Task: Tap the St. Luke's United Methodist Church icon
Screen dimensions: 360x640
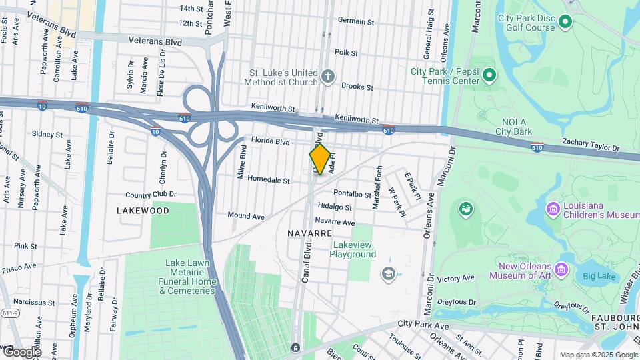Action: coord(327,76)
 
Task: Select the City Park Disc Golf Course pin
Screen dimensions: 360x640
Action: coord(565,23)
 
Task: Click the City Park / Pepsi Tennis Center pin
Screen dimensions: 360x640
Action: coord(489,75)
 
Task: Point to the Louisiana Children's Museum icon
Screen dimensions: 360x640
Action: coord(552,211)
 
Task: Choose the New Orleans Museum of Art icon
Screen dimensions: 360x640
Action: coord(562,271)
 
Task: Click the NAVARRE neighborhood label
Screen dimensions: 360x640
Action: coord(309,233)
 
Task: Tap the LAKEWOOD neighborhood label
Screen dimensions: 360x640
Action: coord(143,210)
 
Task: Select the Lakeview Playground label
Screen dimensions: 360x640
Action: coord(353,249)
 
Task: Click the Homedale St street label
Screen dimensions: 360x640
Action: coord(268,180)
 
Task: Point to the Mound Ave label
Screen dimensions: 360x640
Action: coord(246,216)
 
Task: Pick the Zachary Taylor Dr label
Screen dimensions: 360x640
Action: coord(591,142)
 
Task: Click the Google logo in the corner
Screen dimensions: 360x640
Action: coord(21,351)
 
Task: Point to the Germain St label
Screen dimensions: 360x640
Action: coord(356,21)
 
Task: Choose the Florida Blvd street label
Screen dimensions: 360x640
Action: coord(270,141)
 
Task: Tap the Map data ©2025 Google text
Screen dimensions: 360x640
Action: coord(598,355)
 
